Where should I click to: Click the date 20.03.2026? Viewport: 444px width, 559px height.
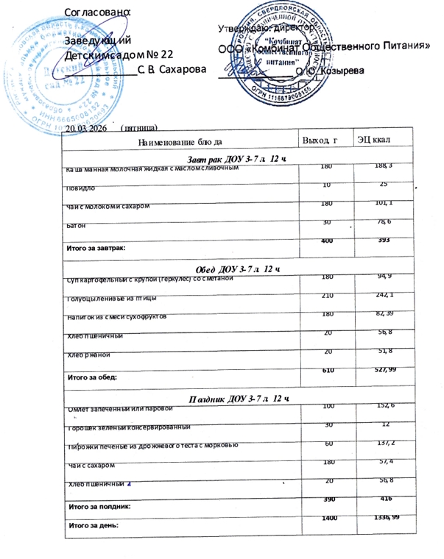point(86,128)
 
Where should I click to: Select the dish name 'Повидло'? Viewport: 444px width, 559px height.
point(80,188)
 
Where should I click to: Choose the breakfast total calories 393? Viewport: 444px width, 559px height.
point(375,241)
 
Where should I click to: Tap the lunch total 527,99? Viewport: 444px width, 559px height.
point(375,368)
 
